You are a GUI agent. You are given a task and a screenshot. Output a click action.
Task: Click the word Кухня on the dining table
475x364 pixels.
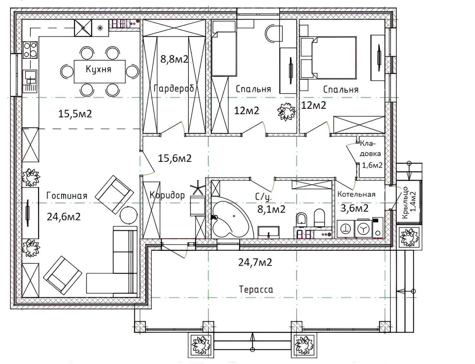[x=98, y=69]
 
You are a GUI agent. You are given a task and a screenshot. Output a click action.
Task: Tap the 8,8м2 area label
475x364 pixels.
[x=174, y=59]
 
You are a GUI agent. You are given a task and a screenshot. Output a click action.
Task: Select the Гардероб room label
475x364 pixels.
[x=174, y=89]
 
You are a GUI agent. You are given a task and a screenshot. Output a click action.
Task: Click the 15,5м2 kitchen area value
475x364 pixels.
[x=75, y=114]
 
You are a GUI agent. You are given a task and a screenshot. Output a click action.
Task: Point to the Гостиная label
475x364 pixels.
[x=67, y=195]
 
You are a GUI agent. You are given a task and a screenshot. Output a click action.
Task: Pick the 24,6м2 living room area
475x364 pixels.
[x=64, y=217]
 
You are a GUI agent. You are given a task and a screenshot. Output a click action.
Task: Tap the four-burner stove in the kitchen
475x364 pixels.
[x=30, y=50]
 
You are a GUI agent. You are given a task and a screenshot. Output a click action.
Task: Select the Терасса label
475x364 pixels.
[x=256, y=290]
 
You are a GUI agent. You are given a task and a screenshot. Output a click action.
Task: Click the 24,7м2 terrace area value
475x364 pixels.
[x=255, y=262]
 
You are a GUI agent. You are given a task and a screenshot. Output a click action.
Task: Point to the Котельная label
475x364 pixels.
[x=356, y=194]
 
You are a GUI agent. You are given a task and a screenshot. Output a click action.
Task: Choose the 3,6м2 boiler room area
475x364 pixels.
[x=355, y=208]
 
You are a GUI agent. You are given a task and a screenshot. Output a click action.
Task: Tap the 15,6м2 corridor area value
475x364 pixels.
[x=175, y=158]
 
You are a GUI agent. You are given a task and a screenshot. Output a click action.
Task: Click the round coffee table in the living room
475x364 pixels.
[x=129, y=215]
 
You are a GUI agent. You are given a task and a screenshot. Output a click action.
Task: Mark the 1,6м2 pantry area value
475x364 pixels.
[x=372, y=165]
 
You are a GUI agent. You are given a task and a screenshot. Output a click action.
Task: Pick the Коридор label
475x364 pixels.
[x=167, y=195]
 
